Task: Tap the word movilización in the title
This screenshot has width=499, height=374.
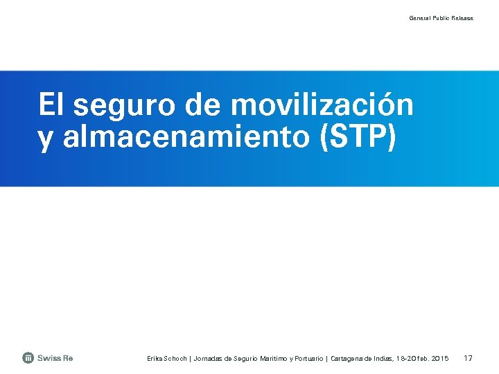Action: tap(322, 106)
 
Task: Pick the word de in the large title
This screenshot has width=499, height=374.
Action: tap(204, 106)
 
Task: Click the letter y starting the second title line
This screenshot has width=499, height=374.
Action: tap(46, 139)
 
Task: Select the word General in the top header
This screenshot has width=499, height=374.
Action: tap(420, 18)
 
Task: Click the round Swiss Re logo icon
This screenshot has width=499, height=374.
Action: tap(28, 358)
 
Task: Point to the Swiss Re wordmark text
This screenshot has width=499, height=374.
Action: tap(55, 358)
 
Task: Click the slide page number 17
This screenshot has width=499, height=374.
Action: tap(468, 358)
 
